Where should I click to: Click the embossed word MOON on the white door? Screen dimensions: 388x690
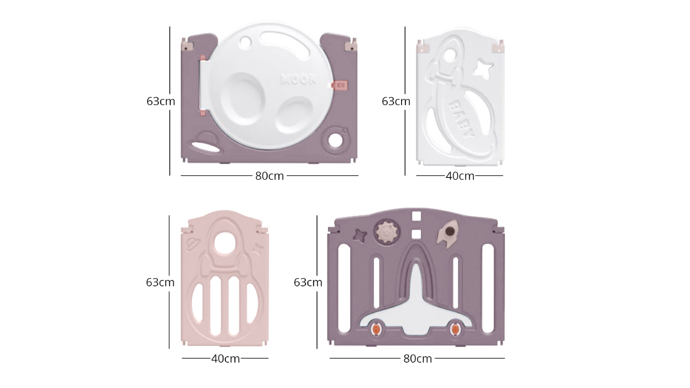pyautogui.click(x=299, y=80)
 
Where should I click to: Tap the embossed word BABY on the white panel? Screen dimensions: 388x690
pyautogui.click(x=461, y=119)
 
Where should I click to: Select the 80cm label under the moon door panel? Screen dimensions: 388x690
pyautogui.click(x=269, y=176)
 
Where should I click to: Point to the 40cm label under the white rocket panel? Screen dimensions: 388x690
pyautogui.click(x=460, y=176)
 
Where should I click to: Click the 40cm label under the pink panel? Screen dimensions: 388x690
pyautogui.click(x=225, y=359)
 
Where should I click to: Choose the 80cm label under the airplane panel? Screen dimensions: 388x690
pyautogui.click(x=417, y=359)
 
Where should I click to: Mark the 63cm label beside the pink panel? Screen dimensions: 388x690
pyautogui.click(x=160, y=282)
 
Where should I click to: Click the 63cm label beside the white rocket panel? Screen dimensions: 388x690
pyautogui.click(x=396, y=101)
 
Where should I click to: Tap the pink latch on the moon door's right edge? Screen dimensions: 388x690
pyautogui.click(x=340, y=85)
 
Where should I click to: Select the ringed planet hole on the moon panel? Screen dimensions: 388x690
pyautogui.click(x=335, y=141)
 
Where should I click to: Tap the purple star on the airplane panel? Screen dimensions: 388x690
pyautogui.click(x=360, y=235)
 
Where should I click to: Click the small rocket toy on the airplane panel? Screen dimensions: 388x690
pyautogui.click(x=448, y=232)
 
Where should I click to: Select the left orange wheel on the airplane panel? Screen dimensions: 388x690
pyautogui.click(x=376, y=329)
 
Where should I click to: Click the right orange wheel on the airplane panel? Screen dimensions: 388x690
pyautogui.click(x=455, y=329)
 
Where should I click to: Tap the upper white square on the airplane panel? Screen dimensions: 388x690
pyautogui.click(x=416, y=216)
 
